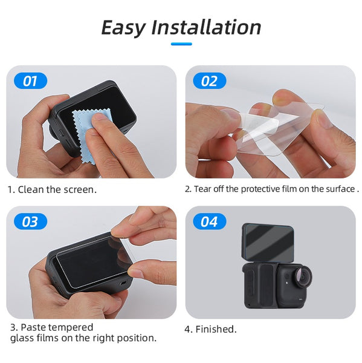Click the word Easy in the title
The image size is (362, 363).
(x=123, y=27)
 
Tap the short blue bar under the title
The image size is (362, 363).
(x=181, y=44)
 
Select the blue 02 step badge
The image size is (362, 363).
(x=209, y=80)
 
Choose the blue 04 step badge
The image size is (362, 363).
(x=209, y=221)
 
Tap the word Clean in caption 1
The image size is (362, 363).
(x=31, y=189)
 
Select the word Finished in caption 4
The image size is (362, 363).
(x=215, y=330)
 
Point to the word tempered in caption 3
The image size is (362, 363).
(x=71, y=327)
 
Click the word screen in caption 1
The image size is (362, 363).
(x=80, y=189)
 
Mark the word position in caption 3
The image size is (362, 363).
(x=137, y=338)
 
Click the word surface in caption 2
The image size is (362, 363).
(x=340, y=189)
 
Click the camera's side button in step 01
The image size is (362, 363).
(x=59, y=130)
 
